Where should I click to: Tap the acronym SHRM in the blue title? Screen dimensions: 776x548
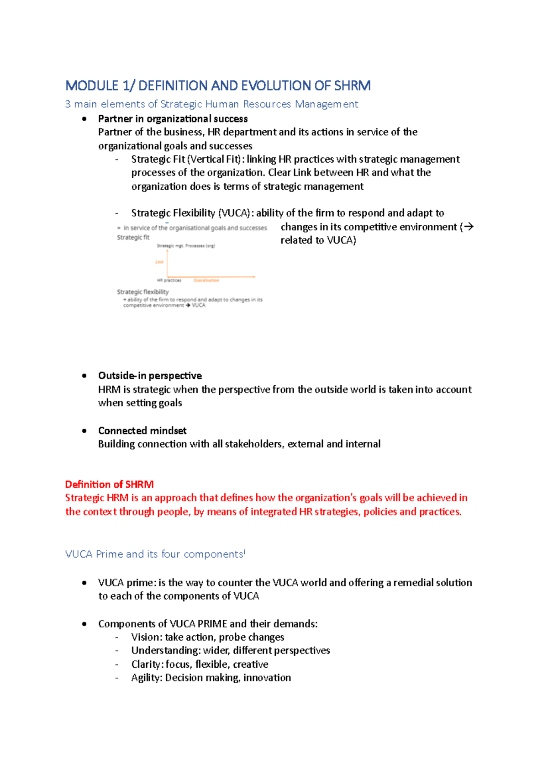pos(352,85)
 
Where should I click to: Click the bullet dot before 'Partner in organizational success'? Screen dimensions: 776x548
pos(84,119)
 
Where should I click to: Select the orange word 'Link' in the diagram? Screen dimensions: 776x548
pos(159,262)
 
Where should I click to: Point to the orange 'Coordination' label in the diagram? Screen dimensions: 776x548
pos(206,280)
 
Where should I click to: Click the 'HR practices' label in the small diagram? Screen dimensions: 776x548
pos(169,280)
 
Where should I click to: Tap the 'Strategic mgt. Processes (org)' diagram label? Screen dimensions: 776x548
pos(186,246)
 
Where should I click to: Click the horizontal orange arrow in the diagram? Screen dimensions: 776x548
pos(211,276)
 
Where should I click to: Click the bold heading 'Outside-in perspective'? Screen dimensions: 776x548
pos(150,376)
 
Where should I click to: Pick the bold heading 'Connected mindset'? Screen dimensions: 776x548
pos(142,431)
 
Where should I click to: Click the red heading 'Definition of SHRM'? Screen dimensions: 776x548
pos(109,484)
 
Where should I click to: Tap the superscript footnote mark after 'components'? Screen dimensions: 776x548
pos(244,552)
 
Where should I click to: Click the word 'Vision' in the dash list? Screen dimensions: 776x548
pos(146,637)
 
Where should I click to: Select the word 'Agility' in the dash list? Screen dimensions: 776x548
pos(146,678)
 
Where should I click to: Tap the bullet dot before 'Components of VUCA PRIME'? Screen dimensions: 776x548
pos(84,624)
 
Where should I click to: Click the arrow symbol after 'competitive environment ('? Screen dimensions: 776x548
pos(469,227)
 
